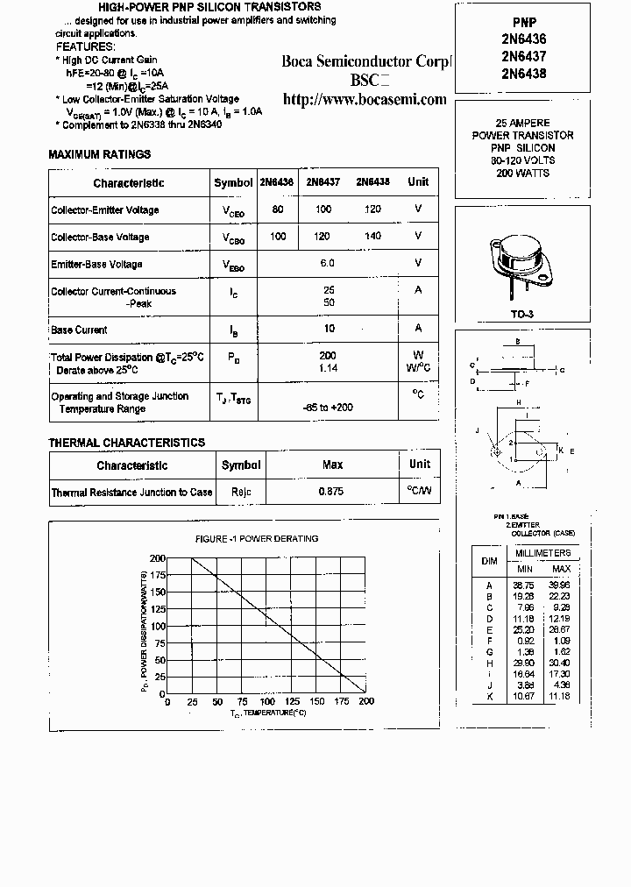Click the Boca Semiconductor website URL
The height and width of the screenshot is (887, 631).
pos(365,100)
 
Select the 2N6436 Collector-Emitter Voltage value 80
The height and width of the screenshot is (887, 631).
pos(278,209)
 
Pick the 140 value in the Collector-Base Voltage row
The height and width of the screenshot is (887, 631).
pos(372,237)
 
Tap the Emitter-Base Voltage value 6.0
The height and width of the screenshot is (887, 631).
pos(327,263)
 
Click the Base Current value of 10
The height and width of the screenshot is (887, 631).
pos(329,329)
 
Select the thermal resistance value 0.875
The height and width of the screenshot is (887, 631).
pos(331,492)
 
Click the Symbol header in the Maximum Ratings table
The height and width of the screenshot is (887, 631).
pos(233,182)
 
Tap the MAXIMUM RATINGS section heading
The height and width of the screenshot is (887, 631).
pos(99,154)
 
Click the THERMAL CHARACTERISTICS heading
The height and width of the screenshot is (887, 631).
pos(126,443)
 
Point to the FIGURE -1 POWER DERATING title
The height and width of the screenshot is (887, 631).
pos(256,538)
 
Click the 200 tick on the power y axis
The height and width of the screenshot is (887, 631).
pos(157,558)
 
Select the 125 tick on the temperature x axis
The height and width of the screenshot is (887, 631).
pos(292,701)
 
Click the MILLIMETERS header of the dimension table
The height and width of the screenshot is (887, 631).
pos(542,553)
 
